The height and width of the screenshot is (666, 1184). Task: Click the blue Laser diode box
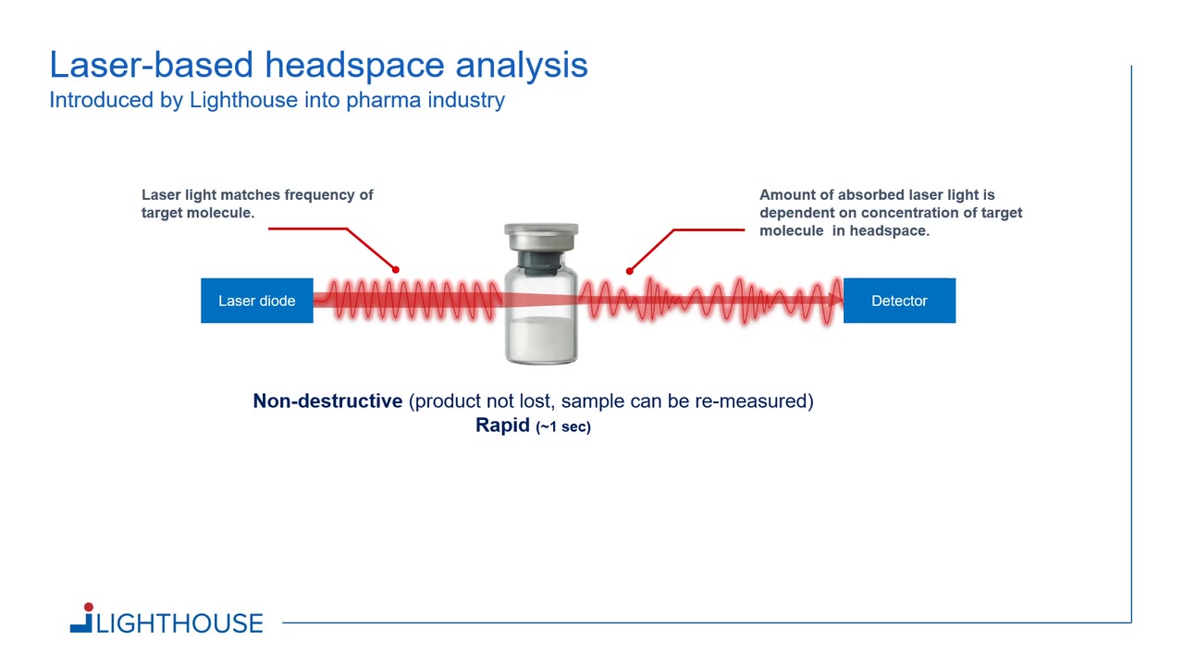257,301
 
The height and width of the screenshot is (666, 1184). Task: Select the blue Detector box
899,301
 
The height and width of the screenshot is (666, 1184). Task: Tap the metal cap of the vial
541,236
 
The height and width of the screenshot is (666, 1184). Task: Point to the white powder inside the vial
541,339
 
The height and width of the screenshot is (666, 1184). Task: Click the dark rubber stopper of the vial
541,262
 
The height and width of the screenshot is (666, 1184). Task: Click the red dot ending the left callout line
395,269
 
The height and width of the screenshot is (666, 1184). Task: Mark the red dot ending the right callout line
630,271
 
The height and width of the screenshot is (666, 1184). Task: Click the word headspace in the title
354,66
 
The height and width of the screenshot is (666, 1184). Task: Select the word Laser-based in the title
151,65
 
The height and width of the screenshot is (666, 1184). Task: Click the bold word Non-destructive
327,401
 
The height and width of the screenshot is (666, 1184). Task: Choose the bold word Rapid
502,425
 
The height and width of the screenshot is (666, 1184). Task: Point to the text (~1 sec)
563,426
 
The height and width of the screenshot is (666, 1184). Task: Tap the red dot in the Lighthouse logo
88,607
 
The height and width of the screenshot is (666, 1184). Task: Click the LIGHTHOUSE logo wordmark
179,623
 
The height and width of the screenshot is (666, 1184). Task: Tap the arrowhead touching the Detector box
837,301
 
